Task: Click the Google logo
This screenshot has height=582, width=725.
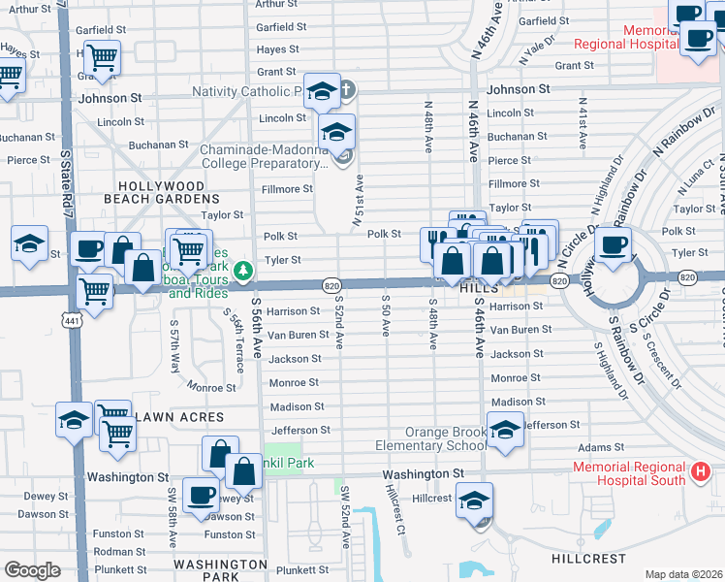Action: click(32, 570)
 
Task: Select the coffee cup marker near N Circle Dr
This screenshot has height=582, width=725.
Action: click(614, 244)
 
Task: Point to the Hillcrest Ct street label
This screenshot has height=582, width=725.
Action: click(394, 510)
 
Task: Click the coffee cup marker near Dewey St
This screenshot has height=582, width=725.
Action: click(201, 495)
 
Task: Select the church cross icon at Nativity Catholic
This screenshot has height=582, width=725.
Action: click(345, 91)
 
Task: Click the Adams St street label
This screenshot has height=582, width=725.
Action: click(596, 449)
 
